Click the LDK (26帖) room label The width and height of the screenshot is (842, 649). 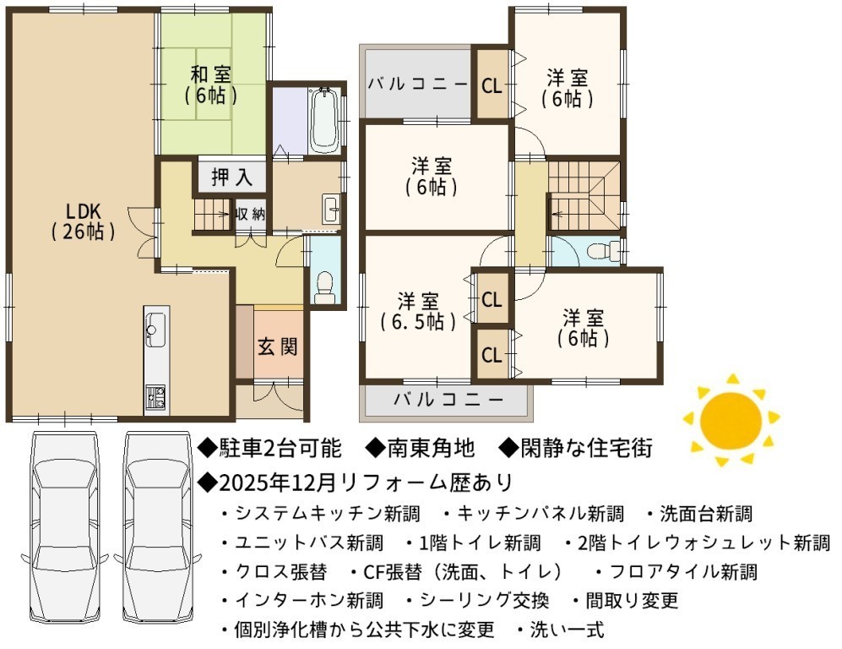(84, 221)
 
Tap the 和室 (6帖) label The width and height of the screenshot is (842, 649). (211, 85)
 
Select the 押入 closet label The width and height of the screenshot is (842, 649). (231, 177)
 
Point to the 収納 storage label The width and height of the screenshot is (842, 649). (251, 214)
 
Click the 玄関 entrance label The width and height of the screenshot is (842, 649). (278, 346)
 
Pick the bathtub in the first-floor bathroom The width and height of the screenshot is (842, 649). (323, 119)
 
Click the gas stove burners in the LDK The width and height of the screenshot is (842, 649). (155, 397)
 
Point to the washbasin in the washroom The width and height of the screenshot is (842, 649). (331, 207)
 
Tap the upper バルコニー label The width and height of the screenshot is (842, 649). (417, 84)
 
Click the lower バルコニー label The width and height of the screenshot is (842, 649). (449, 400)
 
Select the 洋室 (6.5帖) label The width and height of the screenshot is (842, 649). (418, 311)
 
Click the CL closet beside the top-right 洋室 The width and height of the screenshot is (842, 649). (492, 85)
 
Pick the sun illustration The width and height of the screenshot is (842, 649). (731, 420)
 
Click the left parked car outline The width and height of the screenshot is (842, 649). (65, 527)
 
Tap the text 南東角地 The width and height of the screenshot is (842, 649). (421, 447)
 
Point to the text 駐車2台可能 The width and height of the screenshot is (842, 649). (270, 448)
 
